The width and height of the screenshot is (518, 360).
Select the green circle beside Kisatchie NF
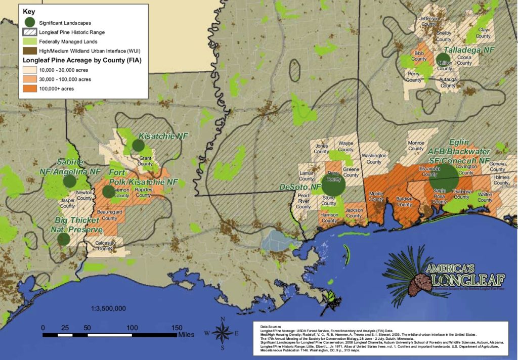point(138,146)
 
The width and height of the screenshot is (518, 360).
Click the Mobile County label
point(376,196)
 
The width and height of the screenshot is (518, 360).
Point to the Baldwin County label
point(404,201)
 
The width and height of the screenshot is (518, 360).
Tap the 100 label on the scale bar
point(132,328)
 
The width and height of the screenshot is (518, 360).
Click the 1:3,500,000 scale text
point(108,308)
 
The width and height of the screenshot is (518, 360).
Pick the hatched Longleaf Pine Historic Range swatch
point(29,32)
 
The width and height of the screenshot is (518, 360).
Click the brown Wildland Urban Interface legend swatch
point(29,51)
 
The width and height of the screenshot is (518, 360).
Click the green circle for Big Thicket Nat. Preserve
point(64,239)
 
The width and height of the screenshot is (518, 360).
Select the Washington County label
point(374,158)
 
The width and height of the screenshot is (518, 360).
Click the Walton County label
point(485,197)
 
